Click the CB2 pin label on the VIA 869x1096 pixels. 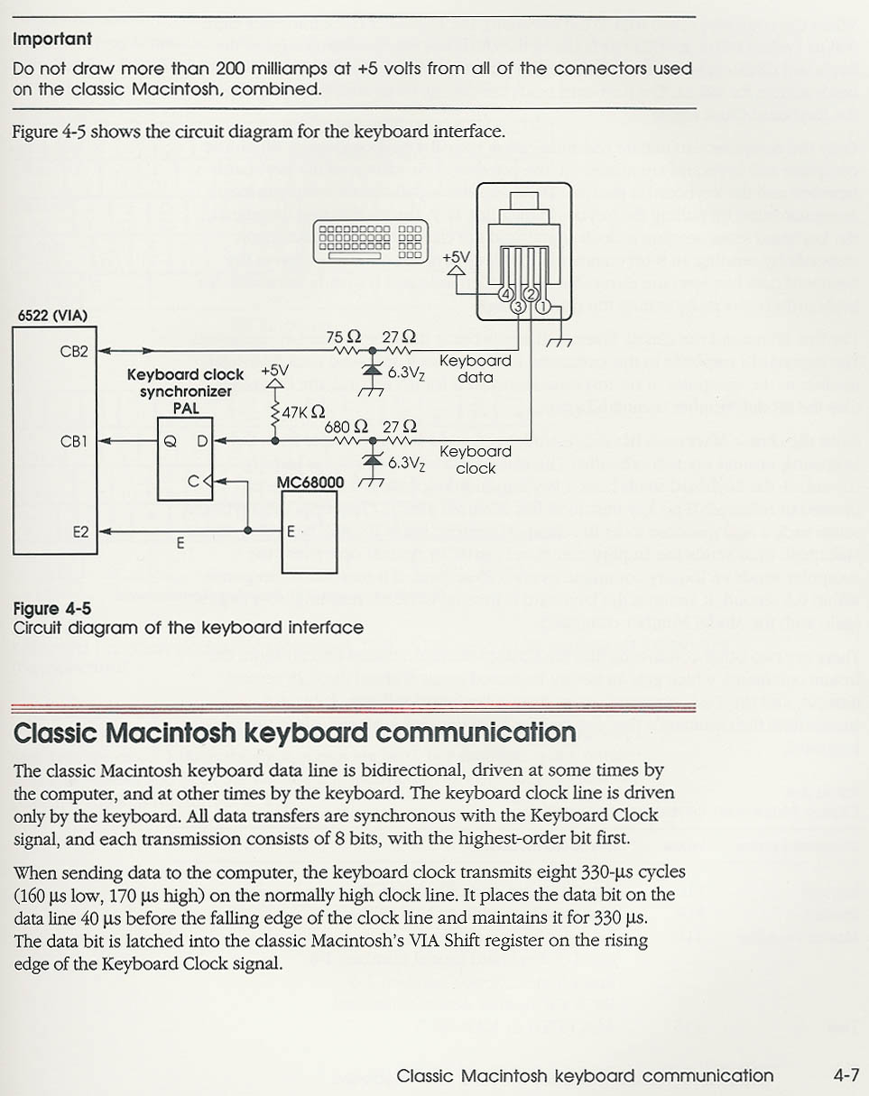pyautogui.click(x=74, y=352)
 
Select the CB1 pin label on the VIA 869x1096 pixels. pyautogui.click(x=74, y=441)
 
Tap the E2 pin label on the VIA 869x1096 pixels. pyautogui.click(x=80, y=532)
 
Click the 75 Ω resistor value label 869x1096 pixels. pyautogui.click(x=344, y=336)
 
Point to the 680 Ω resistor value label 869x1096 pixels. pyautogui.click(x=347, y=427)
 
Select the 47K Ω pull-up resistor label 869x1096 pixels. pyautogui.click(x=303, y=411)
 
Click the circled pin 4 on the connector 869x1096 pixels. pyautogui.click(x=505, y=294)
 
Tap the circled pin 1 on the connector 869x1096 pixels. pyautogui.click(x=542, y=307)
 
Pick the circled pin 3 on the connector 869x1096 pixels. pyautogui.click(x=518, y=307)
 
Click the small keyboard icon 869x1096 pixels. pyautogui.click(x=371, y=242)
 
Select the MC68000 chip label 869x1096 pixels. pyautogui.click(x=310, y=483)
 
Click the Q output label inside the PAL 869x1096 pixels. pyautogui.click(x=171, y=441)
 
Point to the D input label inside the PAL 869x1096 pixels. pyautogui.click(x=202, y=440)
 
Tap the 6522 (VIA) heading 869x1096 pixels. pyautogui.click(x=52, y=316)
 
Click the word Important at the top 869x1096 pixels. pyautogui.click(x=52, y=39)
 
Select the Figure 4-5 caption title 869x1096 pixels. pyautogui.click(x=52, y=609)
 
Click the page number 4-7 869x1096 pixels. pyautogui.click(x=846, y=1075)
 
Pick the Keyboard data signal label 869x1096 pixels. pyautogui.click(x=475, y=369)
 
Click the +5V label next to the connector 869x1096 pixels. pyautogui.click(x=457, y=257)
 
